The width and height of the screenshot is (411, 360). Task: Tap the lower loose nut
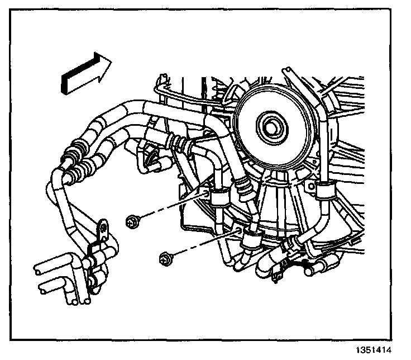coord(165,258)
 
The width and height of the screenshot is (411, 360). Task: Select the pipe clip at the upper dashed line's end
coord(218,197)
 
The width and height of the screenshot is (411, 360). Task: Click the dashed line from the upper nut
coord(173,207)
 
